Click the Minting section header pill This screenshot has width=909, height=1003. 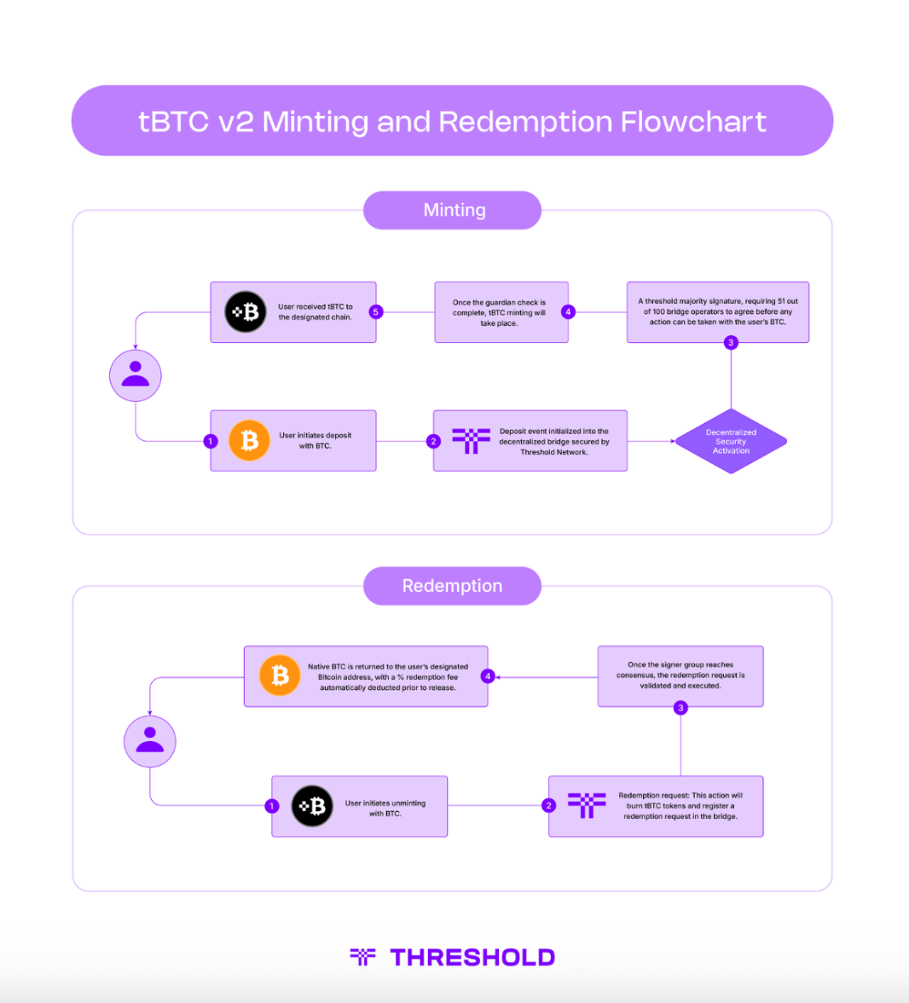pos(453,211)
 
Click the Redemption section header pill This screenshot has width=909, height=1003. pos(452,586)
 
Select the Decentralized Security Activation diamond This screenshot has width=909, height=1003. pos(731,441)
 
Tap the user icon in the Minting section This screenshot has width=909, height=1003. pos(136,375)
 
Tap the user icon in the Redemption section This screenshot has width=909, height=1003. pos(150,741)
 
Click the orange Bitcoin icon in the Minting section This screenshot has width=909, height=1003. pos(249,440)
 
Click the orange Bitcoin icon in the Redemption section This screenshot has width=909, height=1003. pos(280,675)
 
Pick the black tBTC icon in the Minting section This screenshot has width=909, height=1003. pos(246,312)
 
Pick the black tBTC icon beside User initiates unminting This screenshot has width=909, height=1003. pos(312,806)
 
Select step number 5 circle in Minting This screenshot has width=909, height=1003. pos(375,312)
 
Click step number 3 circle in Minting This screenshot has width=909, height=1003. pos(731,343)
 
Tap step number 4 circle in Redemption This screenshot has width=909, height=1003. pos(488,676)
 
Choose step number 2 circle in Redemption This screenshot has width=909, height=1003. pos(549,806)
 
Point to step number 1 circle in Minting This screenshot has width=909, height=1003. pos(211,441)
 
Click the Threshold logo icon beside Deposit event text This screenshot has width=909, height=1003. pos(471,440)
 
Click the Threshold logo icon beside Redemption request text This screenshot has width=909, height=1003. pos(587,805)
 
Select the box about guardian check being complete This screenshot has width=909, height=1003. pos(501,313)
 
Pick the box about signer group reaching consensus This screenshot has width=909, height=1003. pos(680,675)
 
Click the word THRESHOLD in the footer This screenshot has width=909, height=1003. pos(472,957)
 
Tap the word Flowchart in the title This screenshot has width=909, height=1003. pos(693,121)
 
